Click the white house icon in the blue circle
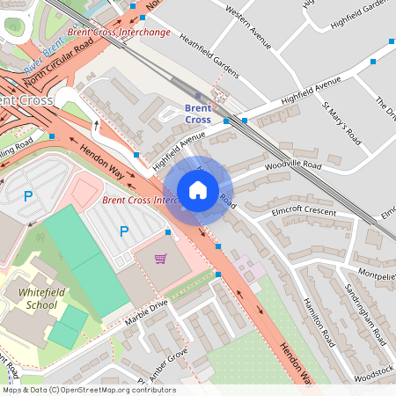[x=198, y=190]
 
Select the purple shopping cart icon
[x=160, y=259]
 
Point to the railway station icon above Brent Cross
[x=197, y=95]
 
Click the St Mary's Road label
[x=342, y=123]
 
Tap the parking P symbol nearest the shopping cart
[x=124, y=231]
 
